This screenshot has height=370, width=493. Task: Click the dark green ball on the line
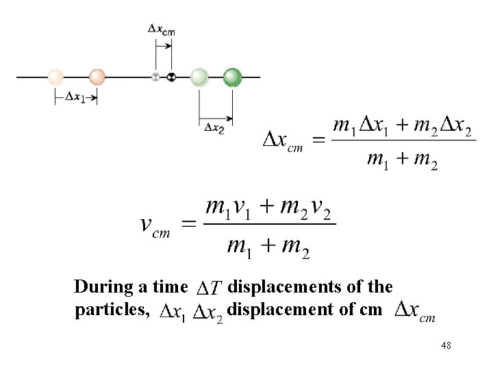coord(233,77)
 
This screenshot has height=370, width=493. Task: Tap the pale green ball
coord(199,77)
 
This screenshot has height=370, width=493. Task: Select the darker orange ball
coord(97,77)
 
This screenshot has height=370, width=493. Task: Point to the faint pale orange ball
coord(55,77)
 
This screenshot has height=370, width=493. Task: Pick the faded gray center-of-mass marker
coord(155,77)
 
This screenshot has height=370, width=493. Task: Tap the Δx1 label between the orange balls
coord(75,97)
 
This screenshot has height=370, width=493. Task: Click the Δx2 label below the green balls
coord(214,126)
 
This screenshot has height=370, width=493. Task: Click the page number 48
coord(446,346)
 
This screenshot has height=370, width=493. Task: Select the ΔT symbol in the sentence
coord(208,288)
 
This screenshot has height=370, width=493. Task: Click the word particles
coord(111,309)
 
